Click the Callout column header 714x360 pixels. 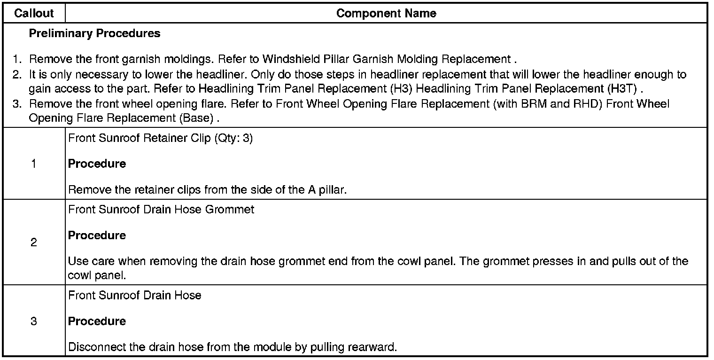click(34, 14)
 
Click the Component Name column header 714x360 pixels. click(386, 14)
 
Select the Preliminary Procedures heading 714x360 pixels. click(94, 33)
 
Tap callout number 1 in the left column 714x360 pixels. click(34, 164)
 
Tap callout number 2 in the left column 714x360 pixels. click(34, 243)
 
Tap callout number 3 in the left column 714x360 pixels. click(34, 321)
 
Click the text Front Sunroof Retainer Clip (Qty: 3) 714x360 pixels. click(160, 139)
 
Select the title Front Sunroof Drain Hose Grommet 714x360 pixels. click(161, 210)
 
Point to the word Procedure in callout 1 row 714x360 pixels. click(97, 164)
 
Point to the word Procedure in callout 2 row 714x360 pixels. click(97, 235)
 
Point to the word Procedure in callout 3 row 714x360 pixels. click(97, 321)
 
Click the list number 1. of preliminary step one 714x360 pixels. click(17, 60)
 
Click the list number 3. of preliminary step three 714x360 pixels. click(17, 104)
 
